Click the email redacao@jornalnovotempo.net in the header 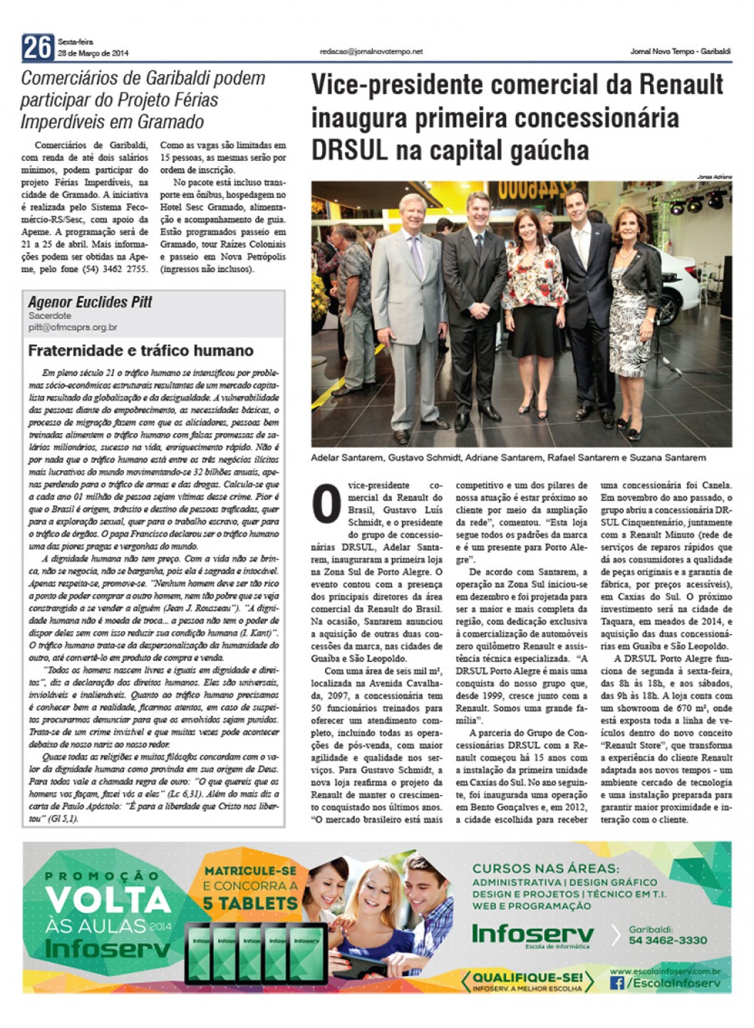pos(371,51)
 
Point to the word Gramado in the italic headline pos(170,122)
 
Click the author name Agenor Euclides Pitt pos(90,302)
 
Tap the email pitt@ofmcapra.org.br pos(73,328)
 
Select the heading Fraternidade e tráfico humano pos(140,351)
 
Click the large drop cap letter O pos(327,505)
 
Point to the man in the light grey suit pos(409,306)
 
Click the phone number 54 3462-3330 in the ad pos(668,940)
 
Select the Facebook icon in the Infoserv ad pos(616,983)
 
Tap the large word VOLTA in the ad pos(108,901)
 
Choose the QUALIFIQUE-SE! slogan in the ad pos(527,977)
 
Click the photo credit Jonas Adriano pos(714,177)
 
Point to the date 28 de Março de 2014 pos(93,53)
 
